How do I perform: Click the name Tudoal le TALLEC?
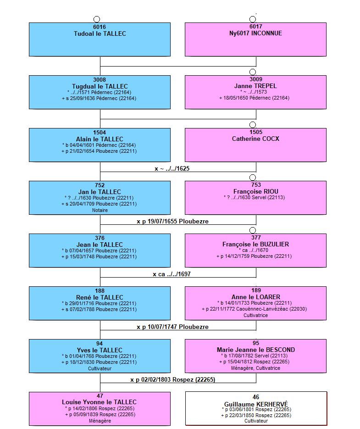tap(100, 33)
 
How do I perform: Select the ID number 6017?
tap(256, 27)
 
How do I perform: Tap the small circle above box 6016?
tap(97, 19)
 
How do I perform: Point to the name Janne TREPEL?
tap(255, 86)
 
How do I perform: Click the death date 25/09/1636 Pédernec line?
tap(99, 98)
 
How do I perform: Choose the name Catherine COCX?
tap(255, 139)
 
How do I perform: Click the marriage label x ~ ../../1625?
tap(172, 168)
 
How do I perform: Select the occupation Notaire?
tap(100, 210)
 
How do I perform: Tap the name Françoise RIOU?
tap(256, 191)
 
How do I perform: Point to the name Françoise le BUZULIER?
tap(255, 244)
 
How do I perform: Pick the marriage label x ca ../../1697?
tap(172, 274)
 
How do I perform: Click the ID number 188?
tap(100, 291)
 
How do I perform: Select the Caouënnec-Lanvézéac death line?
tap(255, 309)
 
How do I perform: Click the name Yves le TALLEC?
tap(100, 350)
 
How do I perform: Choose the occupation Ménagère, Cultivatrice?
tap(255, 368)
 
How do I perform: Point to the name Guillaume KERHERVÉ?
tap(256, 404)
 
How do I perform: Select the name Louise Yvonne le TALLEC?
tap(99, 402)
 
